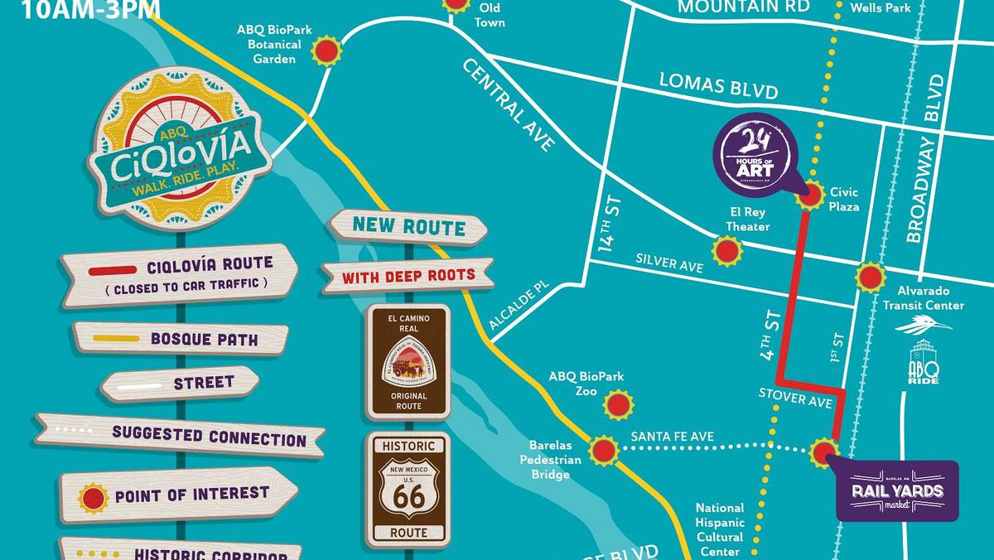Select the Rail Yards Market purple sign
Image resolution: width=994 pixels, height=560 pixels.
(x=897, y=490)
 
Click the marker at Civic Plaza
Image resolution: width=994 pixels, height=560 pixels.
(x=810, y=196)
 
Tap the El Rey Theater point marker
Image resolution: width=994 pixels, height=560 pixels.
(x=727, y=250)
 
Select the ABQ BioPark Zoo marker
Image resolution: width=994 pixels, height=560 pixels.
(x=618, y=405)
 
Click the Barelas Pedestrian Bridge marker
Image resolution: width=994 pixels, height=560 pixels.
(x=603, y=451)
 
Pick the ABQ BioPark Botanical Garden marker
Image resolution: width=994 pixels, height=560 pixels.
(x=328, y=51)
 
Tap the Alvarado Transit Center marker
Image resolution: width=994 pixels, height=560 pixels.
(x=871, y=277)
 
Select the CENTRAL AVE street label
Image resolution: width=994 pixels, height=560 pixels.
(x=507, y=104)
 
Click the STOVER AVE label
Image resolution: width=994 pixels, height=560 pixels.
(x=794, y=399)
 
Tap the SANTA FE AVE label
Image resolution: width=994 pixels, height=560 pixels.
(x=672, y=437)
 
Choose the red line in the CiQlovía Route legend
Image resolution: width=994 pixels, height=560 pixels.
(x=113, y=271)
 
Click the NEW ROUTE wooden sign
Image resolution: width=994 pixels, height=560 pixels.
(x=408, y=225)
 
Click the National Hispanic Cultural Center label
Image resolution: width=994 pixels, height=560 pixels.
(x=719, y=529)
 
